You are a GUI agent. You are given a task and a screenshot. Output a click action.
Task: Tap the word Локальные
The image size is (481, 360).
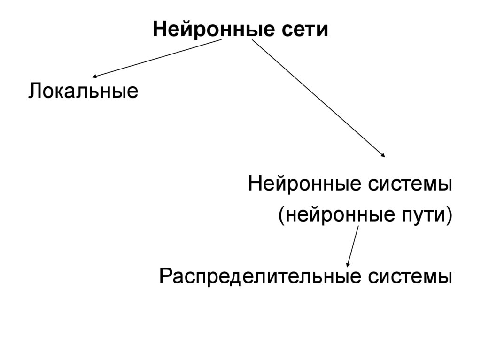[x=83, y=90]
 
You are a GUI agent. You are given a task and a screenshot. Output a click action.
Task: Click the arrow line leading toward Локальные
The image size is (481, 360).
[x=157, y=58]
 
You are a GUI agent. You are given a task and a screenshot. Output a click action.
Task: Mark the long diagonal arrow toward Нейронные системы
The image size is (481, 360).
[x=319, y=99]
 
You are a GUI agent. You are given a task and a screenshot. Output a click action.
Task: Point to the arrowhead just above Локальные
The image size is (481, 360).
[x=95, y=76]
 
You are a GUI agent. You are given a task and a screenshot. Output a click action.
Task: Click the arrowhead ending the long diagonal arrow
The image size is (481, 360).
[x=383, y=155]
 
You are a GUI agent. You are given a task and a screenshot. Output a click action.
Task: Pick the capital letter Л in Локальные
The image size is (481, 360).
[x=35, y=90]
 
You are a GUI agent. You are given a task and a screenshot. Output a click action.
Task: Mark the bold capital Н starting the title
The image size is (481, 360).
[x=159, y=30]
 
